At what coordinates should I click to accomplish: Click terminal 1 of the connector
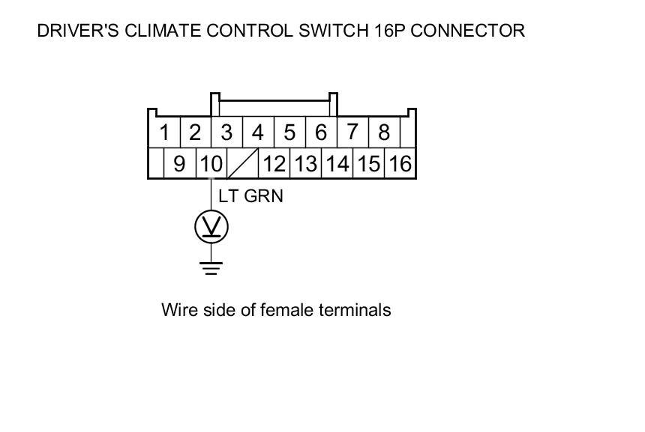[163, 133]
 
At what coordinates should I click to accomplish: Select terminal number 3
[226, 133]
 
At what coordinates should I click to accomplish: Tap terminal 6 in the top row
[321, 133]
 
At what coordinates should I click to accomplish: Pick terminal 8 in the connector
[384, 133]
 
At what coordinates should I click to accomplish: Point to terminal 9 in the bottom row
[179, 163]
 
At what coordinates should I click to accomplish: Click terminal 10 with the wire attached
[211, 163]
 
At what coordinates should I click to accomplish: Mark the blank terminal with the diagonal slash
[243, 163]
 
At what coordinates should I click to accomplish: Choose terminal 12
[274, 163]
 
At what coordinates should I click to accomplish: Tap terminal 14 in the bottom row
[337, 163]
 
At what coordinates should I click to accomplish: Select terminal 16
[400, 163]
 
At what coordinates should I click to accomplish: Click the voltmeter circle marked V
[211, 226]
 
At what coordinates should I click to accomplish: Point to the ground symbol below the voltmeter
[211, 267]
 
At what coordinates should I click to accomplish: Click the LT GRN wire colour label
[250, 196]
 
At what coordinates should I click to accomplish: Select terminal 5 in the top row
[289, 133]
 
